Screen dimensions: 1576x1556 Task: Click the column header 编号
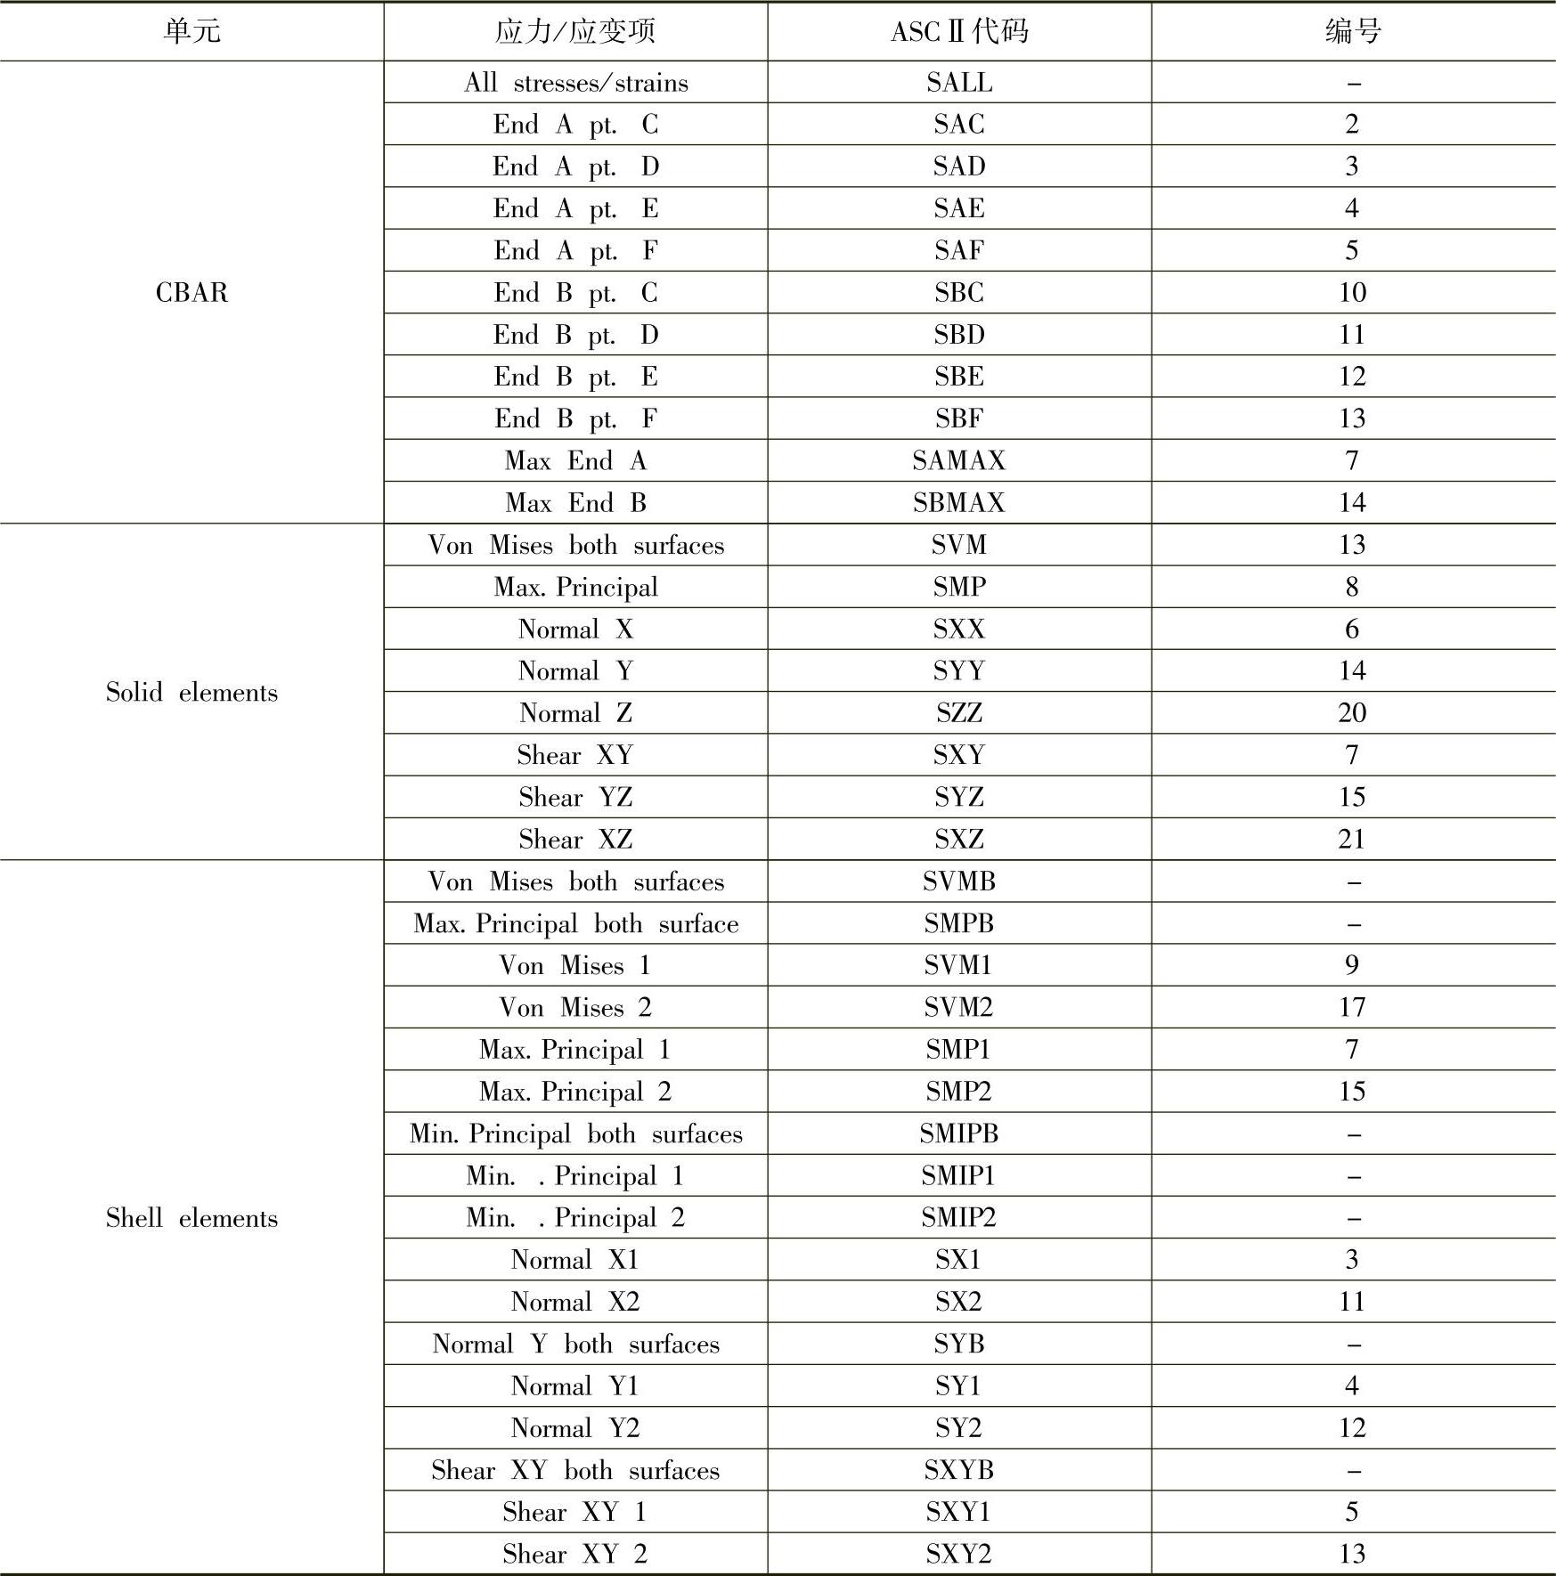1352,32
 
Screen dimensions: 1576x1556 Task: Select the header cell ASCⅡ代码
959,32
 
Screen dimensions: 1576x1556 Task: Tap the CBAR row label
191,292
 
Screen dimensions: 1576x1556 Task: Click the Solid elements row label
191,692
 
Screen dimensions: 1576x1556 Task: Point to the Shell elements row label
191,1217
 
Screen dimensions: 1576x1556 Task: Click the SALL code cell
959,82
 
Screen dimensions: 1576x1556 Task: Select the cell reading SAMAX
959,460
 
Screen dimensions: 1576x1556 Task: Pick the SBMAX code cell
959,502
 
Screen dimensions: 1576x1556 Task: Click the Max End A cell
575,460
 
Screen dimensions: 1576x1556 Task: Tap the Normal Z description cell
575,713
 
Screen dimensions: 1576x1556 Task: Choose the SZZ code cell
959,713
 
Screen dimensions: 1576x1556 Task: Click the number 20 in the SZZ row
1352,713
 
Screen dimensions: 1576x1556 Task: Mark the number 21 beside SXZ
1352,839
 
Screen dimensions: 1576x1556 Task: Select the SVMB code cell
959,881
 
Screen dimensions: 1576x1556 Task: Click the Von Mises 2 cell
575,1007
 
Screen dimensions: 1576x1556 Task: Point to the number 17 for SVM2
1352,1007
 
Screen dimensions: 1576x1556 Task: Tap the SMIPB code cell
959,1133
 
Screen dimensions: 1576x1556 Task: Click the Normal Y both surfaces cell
575,1344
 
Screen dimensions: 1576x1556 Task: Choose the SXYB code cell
959,1470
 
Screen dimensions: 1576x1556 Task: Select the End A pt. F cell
575,250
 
